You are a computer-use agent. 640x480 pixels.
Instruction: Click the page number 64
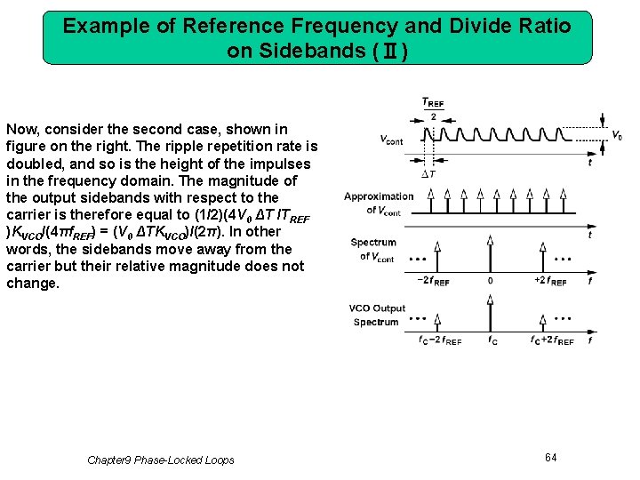point(551,457)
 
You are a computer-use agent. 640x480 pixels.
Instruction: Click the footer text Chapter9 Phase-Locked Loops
point(161,460)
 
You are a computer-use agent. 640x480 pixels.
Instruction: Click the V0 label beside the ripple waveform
point(616,136)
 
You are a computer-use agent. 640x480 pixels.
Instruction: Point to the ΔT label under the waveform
point(429,173)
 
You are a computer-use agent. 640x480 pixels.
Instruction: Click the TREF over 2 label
point(432,109)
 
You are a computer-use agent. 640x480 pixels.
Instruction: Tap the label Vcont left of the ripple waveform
point(390,140)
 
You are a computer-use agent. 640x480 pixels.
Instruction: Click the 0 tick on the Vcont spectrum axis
point(490,281)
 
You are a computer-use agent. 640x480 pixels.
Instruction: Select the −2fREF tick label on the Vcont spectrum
point(433,281)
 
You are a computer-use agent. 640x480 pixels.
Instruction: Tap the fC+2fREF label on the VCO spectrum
point(552,340)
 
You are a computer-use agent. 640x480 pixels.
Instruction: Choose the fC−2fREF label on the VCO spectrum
point(439,340)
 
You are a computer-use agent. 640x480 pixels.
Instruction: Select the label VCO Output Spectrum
point(376,315)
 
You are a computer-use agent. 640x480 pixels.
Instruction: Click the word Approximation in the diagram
point(379,196)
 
